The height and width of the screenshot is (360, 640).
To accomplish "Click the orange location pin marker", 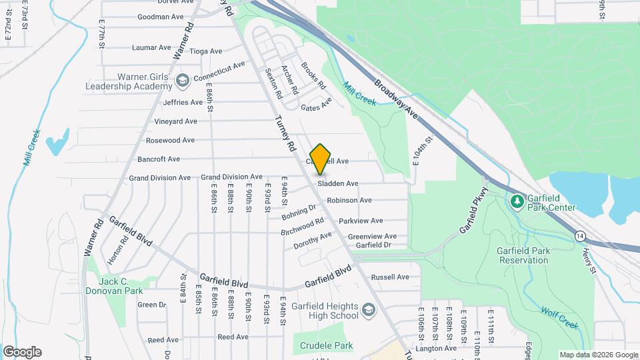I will coord(321,159).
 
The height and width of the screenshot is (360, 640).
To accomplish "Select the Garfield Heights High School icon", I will coord(369,310).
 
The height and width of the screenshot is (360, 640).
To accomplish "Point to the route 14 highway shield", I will coord(581,236).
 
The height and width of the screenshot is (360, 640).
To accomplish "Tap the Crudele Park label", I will coord(326,345).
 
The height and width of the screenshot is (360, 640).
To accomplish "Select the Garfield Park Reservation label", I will coord(533,255).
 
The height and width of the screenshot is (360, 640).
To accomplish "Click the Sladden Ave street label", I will coord(338,183).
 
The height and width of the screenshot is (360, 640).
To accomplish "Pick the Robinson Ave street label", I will coord(349,200).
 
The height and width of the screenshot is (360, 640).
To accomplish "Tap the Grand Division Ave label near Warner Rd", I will coord(159,178).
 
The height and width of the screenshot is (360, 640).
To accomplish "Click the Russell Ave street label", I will coord(390,277).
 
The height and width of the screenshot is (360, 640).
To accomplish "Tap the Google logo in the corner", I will coord(22,352).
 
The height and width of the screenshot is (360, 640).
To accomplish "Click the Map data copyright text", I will coord(598,355).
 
